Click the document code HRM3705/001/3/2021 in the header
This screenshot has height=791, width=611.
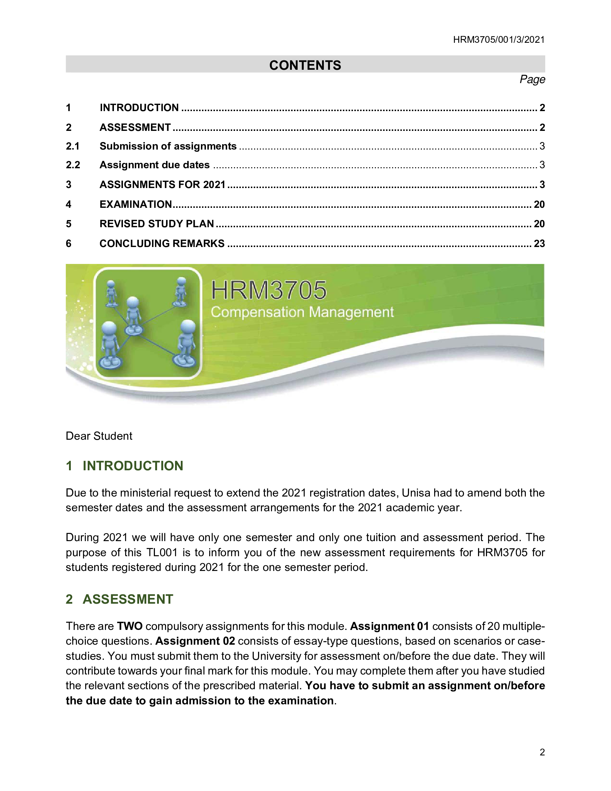[499, 40]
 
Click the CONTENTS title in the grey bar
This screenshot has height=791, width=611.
[305, 65]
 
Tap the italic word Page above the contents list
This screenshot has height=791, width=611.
[532, 79]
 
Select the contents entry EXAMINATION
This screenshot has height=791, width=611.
[136, 204]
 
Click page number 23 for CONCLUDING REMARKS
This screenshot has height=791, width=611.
[539, 243]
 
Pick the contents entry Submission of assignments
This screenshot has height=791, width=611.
[168, 146]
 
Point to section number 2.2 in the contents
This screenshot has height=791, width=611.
[73, 165]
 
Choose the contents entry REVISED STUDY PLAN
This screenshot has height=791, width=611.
[157, 224]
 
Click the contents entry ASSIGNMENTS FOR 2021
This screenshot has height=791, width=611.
[162, 185]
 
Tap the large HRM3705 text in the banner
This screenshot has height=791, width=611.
[268, 291]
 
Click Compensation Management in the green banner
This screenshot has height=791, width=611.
[302, 312]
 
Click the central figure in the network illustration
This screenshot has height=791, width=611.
[133, 315]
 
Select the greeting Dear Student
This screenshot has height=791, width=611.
[99, 436]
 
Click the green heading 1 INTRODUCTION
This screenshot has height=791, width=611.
[124, 466]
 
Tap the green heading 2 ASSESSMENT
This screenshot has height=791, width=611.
[119, 599]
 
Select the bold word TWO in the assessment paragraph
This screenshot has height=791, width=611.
[130, 626]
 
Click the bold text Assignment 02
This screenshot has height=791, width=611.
[195, 641]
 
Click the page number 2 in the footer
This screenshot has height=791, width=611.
[542, 752]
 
